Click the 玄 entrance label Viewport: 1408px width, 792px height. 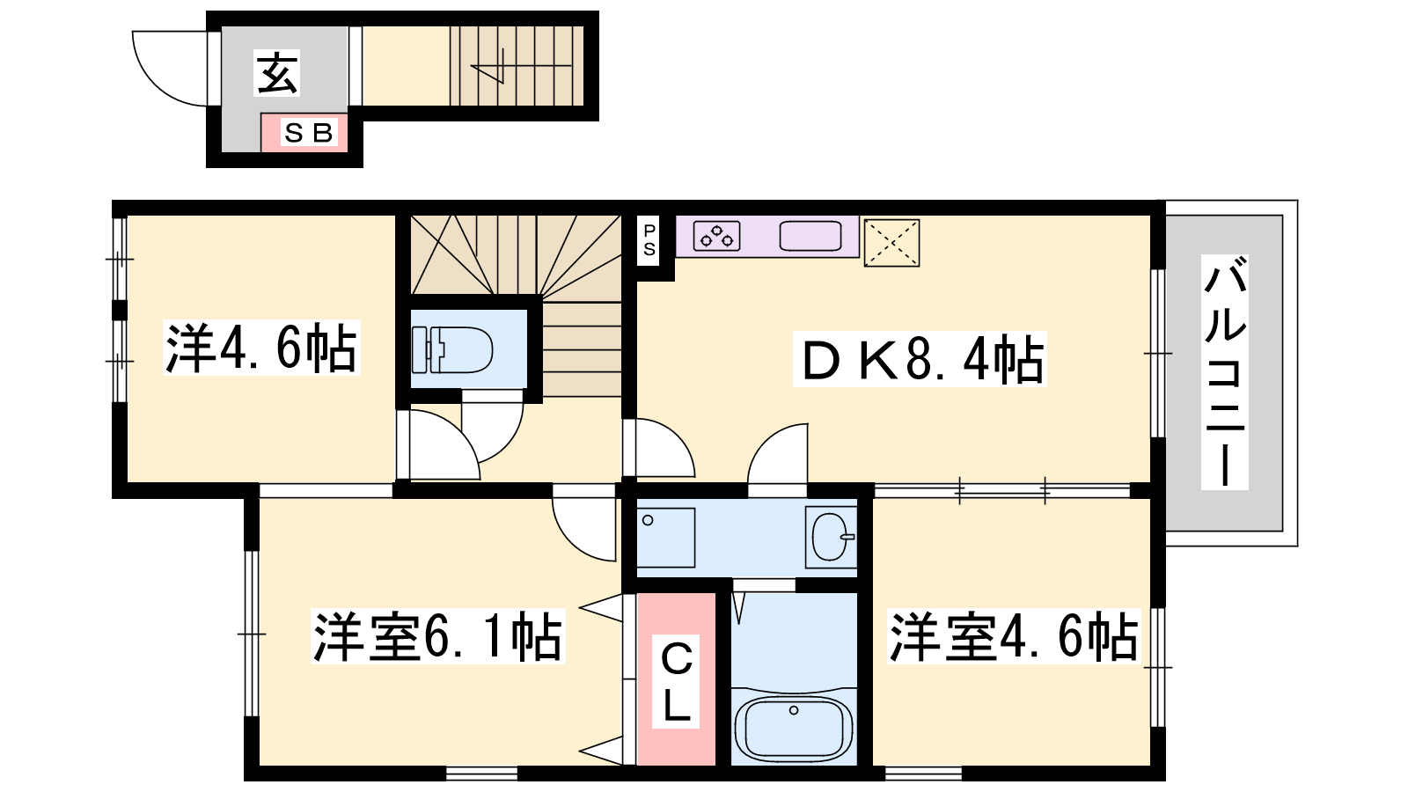(276, 73)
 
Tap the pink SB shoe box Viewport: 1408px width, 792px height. (304, 133)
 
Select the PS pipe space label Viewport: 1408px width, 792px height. (649, 240)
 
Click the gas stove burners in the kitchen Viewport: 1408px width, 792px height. (716, 237)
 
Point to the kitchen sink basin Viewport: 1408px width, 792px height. (810, 237)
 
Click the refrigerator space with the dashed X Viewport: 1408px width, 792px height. (891, 243)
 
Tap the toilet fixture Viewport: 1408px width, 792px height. (452, 349)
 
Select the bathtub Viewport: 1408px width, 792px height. (794, 727)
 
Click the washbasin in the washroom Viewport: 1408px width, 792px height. (831, 537)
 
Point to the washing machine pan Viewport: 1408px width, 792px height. (665, 538)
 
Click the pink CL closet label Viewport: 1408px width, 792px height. (676, 681)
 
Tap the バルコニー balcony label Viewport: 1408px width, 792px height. (1224, 372)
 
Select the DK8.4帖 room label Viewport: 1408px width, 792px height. (920, 359)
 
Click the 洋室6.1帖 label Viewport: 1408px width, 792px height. (438, 636)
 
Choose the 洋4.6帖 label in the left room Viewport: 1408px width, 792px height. (261, 348)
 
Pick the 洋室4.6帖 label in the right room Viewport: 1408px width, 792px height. (1014, 636)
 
